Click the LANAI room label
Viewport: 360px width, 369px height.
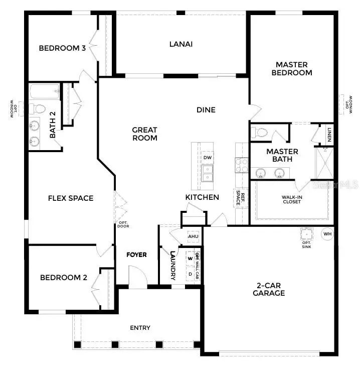(181, 44)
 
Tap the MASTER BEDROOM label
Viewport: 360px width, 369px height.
(291, 68)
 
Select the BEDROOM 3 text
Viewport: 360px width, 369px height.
(62, 49)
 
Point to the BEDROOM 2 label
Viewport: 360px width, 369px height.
(64, 278)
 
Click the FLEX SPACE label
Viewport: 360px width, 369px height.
(71, 198)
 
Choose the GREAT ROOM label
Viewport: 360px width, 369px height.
(144, 134)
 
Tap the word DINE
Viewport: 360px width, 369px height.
(206, 110)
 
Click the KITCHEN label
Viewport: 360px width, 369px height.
(202, 197)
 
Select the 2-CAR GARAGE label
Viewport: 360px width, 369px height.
(269, 289)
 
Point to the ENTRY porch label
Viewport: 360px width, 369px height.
(140, 328)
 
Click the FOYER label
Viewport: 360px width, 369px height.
(136, 255)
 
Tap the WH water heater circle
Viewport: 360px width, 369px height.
(327, 234)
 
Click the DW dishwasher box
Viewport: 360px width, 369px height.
(207, 158)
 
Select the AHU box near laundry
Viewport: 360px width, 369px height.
(193, 236)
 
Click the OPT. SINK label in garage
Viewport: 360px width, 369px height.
(306, 243)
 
